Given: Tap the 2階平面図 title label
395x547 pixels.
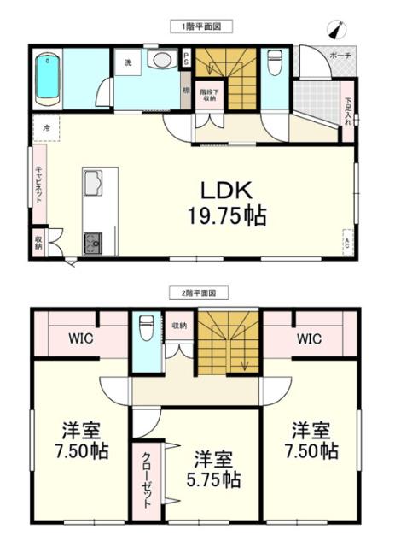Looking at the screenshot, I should (198, 292).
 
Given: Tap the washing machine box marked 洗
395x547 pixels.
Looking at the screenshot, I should (127, 63).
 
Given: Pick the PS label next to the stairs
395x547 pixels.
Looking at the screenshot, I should (186, 59).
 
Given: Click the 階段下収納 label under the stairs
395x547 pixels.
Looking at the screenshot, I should (209, 94).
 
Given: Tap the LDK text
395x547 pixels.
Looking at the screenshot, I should (226, 189).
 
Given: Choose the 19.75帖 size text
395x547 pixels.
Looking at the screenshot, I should (226, 215).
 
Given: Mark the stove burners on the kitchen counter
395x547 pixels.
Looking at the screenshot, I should (92, 242).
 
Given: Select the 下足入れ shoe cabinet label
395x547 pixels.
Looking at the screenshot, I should (349, 111).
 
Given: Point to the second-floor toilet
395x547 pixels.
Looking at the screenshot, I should (147, 330).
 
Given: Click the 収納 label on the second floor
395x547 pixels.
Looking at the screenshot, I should (178, 325).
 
